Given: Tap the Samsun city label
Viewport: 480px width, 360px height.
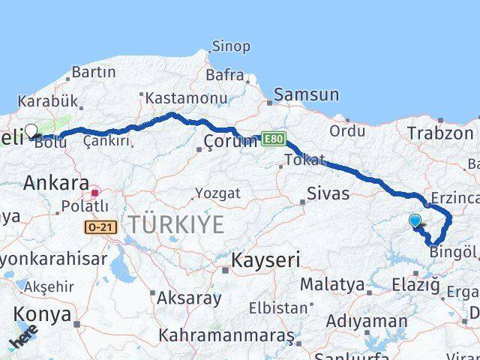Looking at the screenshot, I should [306, 95].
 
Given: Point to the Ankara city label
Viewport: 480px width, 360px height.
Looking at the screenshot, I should [57, 182].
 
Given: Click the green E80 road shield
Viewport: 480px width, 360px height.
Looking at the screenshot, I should [274, 139].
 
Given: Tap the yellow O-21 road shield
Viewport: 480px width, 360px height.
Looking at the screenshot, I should [101, 226].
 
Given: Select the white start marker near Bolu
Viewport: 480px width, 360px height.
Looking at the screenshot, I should [31, 131].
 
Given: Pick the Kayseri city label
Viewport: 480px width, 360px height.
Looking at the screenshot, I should [265, 260].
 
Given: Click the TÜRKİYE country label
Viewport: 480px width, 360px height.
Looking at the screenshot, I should [175, 223].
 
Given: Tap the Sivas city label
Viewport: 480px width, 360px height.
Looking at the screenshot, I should [328, 193].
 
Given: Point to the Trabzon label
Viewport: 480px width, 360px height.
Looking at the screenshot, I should [435, 133].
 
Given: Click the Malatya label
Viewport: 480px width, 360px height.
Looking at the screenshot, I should [326, 284].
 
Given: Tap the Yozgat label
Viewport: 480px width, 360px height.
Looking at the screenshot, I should [217, 193].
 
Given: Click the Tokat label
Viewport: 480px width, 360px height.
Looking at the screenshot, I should [306, 160].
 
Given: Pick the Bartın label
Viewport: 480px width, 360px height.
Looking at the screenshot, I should [93, 73].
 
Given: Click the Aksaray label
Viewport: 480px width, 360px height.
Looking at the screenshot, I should [189, 298].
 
